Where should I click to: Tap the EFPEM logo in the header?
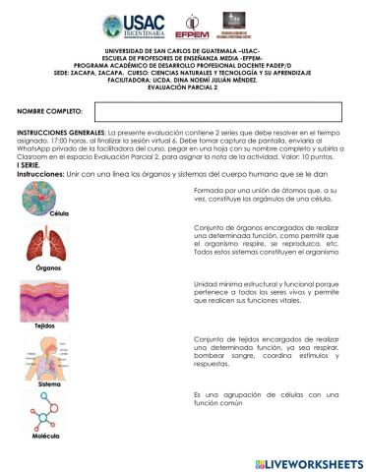(x=191, y=25)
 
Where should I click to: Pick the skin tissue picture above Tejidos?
(x=42, y=299)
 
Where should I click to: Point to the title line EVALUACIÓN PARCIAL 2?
(x=182, y=87)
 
